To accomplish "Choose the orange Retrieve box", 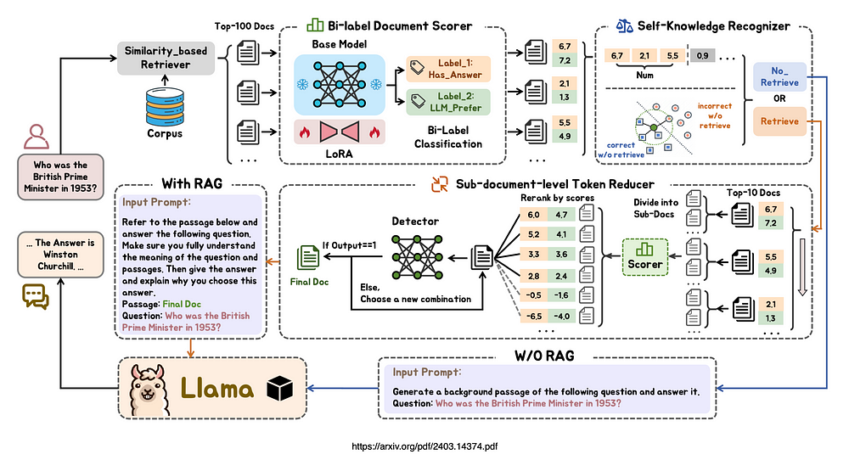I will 779,121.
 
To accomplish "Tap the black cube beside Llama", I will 278,389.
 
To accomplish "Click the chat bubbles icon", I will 36,295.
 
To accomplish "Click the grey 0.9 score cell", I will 701,57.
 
